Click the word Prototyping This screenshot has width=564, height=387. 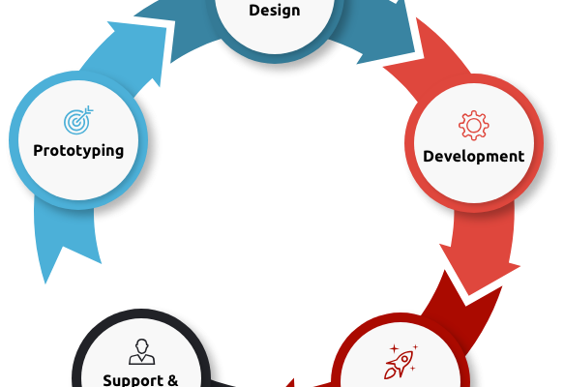(x=78, y=151)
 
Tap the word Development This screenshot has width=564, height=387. (x=474, y=157)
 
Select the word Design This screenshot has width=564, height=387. (x=275, y=10)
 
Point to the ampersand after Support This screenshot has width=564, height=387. (x=172, y=380)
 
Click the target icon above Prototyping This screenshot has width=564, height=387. (x=78, y=120)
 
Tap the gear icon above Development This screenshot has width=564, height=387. (x=474, y=125)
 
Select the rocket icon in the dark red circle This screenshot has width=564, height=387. (x=399, y=364)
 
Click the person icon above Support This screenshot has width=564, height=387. (x=141, y=352)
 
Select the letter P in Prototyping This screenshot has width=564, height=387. (x=38, y=150)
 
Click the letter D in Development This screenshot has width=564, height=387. (x=429, y=156)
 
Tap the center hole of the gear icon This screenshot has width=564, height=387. (x=474, y=126)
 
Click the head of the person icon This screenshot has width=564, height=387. (x=141, y=346)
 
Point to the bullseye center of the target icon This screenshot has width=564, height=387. (x=75, y=123)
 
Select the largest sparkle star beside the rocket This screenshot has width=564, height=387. (x=395, y=348)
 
